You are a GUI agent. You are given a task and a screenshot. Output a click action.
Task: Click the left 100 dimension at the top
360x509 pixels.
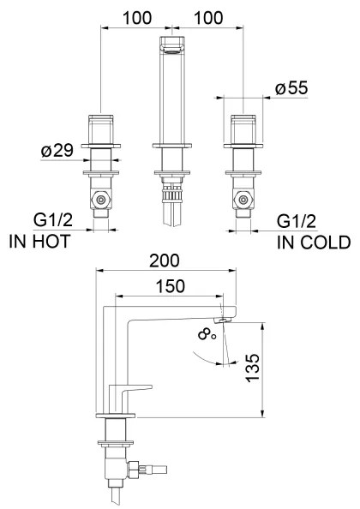click(x=136, y=18)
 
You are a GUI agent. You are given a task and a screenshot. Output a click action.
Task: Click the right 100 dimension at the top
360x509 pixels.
click(x=208, y=18)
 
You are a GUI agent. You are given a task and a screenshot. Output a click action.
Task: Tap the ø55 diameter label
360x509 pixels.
click(x=291, y=88)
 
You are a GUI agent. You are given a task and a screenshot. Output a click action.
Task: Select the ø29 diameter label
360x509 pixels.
click(x=57, y=150)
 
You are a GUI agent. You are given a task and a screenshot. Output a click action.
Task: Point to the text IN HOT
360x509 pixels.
click(x=39, y=242)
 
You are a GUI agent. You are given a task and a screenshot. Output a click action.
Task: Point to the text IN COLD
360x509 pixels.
click(x=314, y=243)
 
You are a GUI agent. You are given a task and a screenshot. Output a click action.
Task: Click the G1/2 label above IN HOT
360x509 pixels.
click(x=53, y=220)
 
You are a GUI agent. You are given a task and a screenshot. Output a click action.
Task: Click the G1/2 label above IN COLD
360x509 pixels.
click(x=297, y=221)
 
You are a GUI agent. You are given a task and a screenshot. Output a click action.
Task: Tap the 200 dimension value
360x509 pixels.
click(x=164, y=260)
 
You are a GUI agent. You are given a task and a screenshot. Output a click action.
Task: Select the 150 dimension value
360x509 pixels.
click(x=170, y=286)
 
